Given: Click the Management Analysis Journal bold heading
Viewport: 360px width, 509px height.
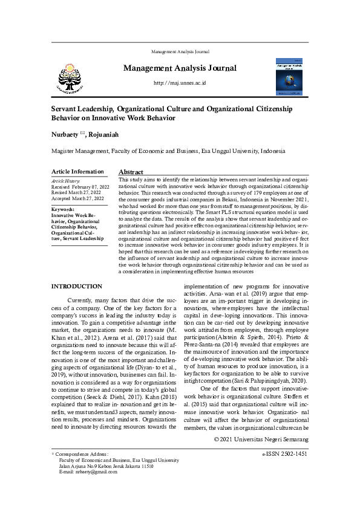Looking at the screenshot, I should click(x=180, y=68).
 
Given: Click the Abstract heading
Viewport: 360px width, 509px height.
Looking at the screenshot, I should click(x=131, y=172).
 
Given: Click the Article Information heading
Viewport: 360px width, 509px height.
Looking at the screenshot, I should click(x=77, y=172).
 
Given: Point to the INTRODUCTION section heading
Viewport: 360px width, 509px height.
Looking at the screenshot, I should click(x=76, y=286).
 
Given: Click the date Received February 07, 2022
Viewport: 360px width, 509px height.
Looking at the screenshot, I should click(x=80, y=187).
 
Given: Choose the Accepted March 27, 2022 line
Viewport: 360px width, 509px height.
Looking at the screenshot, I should click(x=77, y=198).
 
